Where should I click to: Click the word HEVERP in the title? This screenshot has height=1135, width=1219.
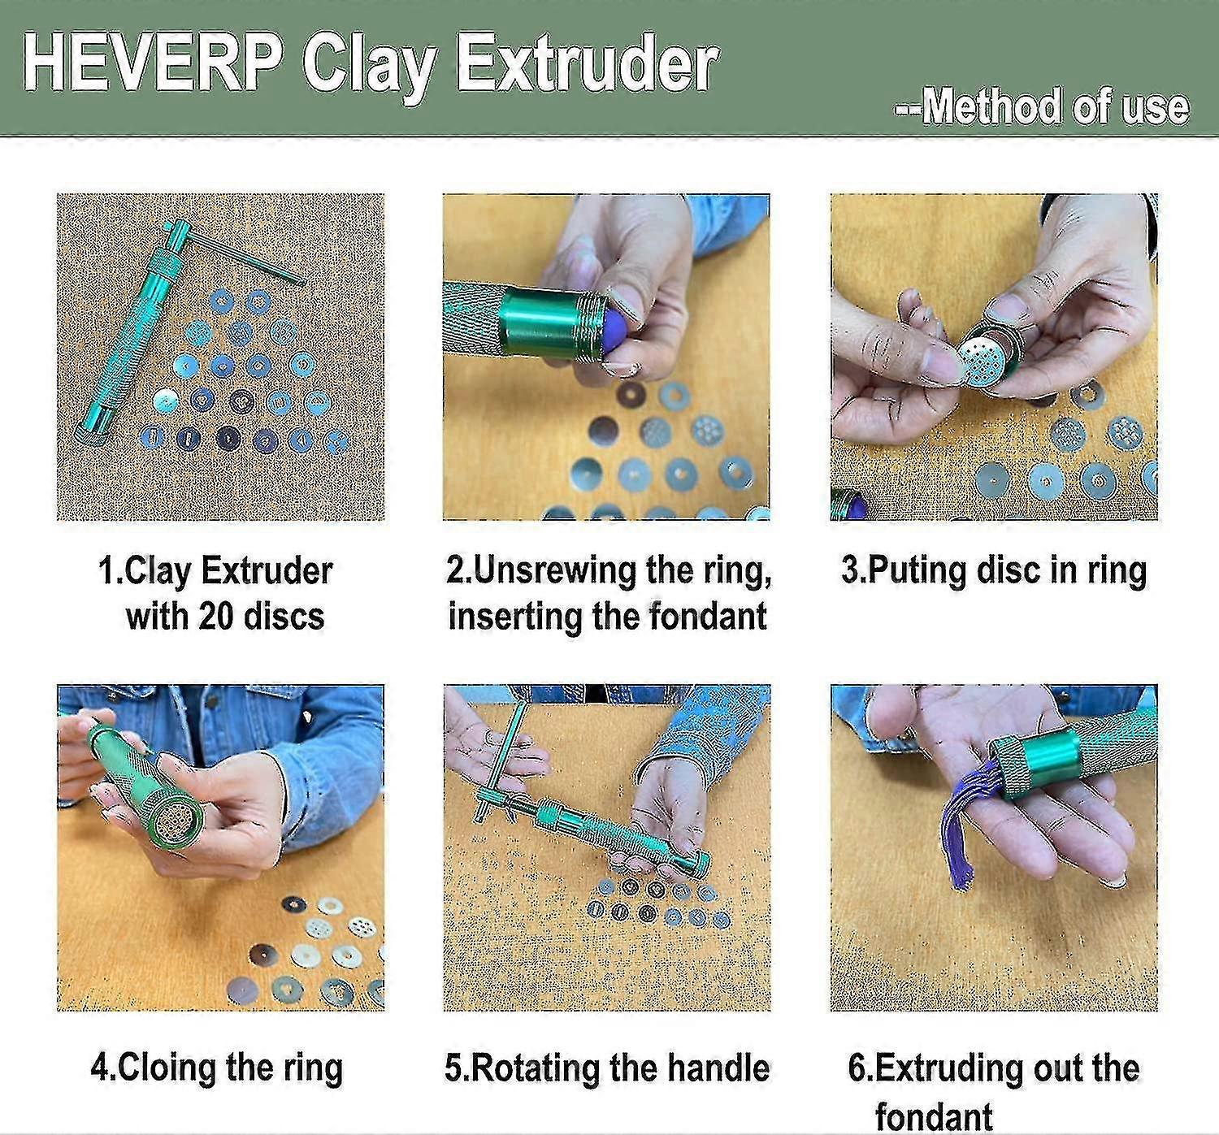(154, 63)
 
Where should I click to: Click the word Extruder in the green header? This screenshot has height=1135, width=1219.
(588, 63)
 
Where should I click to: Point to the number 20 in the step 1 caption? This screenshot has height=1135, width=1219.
(215, 616)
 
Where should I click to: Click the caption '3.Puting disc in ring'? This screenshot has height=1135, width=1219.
(994, 571)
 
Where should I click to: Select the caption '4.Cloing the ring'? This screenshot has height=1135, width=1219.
(217, 1068)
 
